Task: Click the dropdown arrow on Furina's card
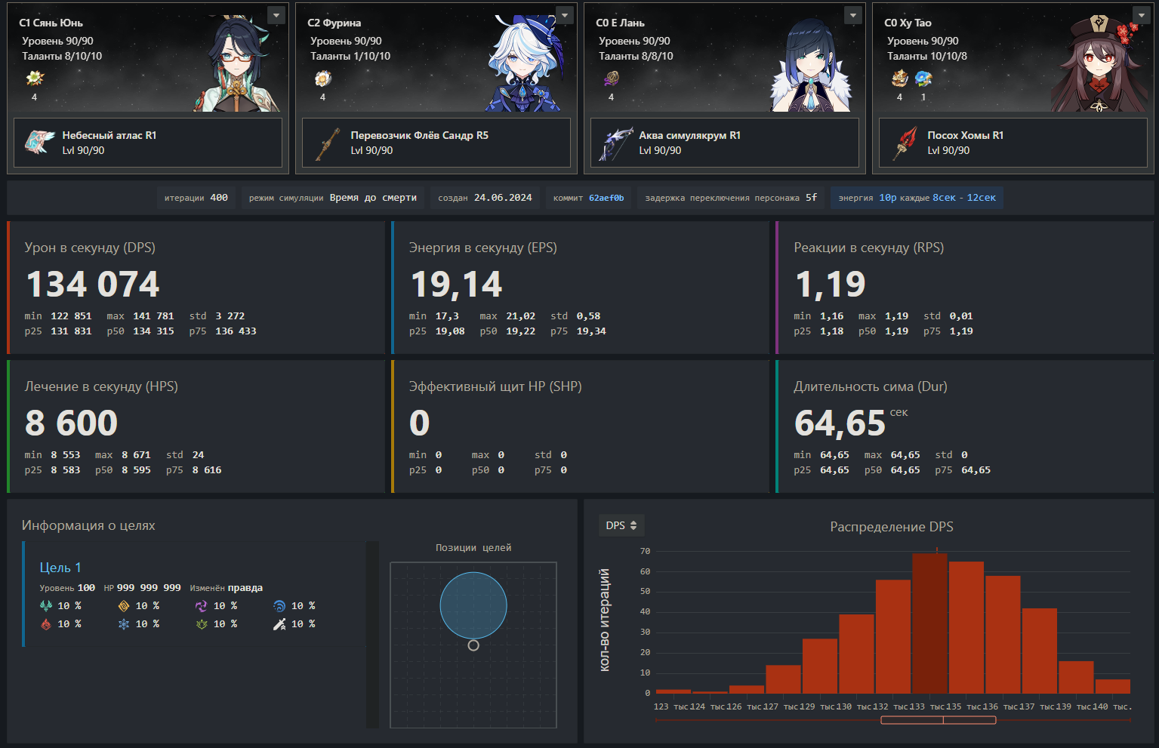click(564, 15)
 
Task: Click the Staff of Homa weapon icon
click(905, 143)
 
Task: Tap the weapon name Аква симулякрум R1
click(689, 135)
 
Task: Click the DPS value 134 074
click(93, 285)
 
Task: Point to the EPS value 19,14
click(456, 285)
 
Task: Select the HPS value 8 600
click(72, 423)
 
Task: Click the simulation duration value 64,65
click(840, 423)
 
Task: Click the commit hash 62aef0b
click(606, 198)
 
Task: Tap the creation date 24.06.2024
click(503, 198)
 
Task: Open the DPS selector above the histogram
click(621, 525)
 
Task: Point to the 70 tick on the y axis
click(645, 551)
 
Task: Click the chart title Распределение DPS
click(891, 527)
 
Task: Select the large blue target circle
click(473, 605)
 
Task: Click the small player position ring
click(473, 645)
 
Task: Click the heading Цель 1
click(60, 568)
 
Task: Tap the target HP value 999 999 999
click(149, 587)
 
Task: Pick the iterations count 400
click(219, 198)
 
